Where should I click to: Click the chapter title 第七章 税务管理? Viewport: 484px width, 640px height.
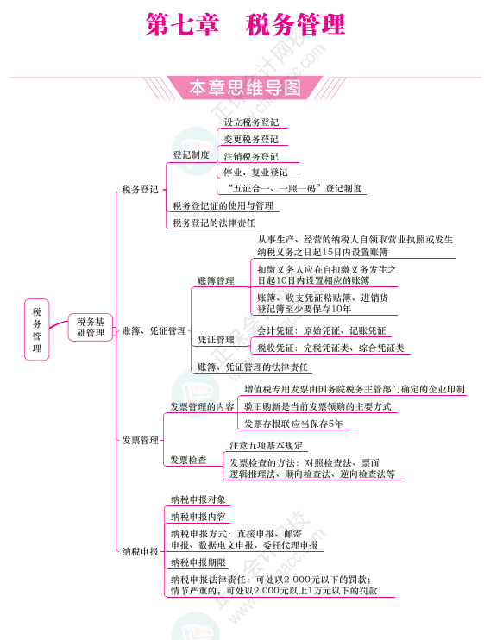(x=245, y=24)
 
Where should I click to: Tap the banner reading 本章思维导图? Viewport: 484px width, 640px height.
(x=245, y=87)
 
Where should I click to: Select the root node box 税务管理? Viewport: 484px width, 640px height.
(x=37, y=329)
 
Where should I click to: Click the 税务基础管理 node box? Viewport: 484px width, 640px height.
(x=91, y=328)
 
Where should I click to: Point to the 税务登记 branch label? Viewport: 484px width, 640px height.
(x=140, y=190)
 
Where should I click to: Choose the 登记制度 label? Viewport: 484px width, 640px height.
(x=191, y=154)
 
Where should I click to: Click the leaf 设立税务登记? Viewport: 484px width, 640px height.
(x=251, y=122)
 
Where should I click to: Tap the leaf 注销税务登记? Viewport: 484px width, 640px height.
(x=251, y=156)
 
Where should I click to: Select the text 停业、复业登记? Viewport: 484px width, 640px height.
(x=255, y=173)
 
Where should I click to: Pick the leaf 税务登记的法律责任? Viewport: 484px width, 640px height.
(x=214, y=223)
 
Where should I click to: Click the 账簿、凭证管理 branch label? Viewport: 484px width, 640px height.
(x=154, y=331)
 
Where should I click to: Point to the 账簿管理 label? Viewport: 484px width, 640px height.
(x=216, y=281)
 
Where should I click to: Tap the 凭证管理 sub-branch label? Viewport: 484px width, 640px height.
(x=216, y=340)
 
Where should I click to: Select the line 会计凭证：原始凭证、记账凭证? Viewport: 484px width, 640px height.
(x=322, y=330)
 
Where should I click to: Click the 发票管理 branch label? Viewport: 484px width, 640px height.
(x=140, y=441)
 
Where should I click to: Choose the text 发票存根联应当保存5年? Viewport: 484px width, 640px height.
(x=293, y=424)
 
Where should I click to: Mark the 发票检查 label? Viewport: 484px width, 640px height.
(x=188, y=461)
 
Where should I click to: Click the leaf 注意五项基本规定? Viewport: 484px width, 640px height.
(x=266, y=445)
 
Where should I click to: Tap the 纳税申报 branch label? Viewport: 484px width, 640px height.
(x=140, y=552)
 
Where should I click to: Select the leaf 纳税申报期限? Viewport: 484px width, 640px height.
(x=198, y=562)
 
